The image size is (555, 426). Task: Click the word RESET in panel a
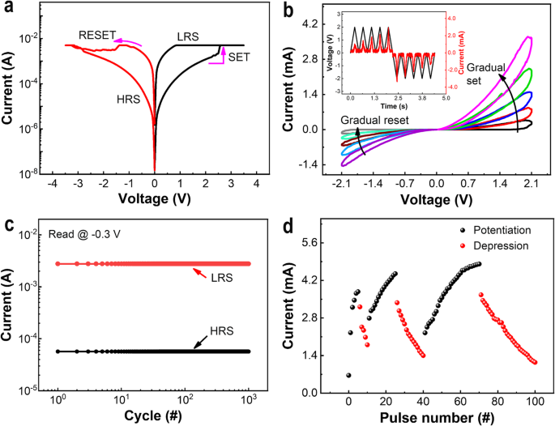pyautogui.click(x=96, y=35)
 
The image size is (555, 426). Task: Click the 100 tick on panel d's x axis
pyautogui.click(x=535, y=398)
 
